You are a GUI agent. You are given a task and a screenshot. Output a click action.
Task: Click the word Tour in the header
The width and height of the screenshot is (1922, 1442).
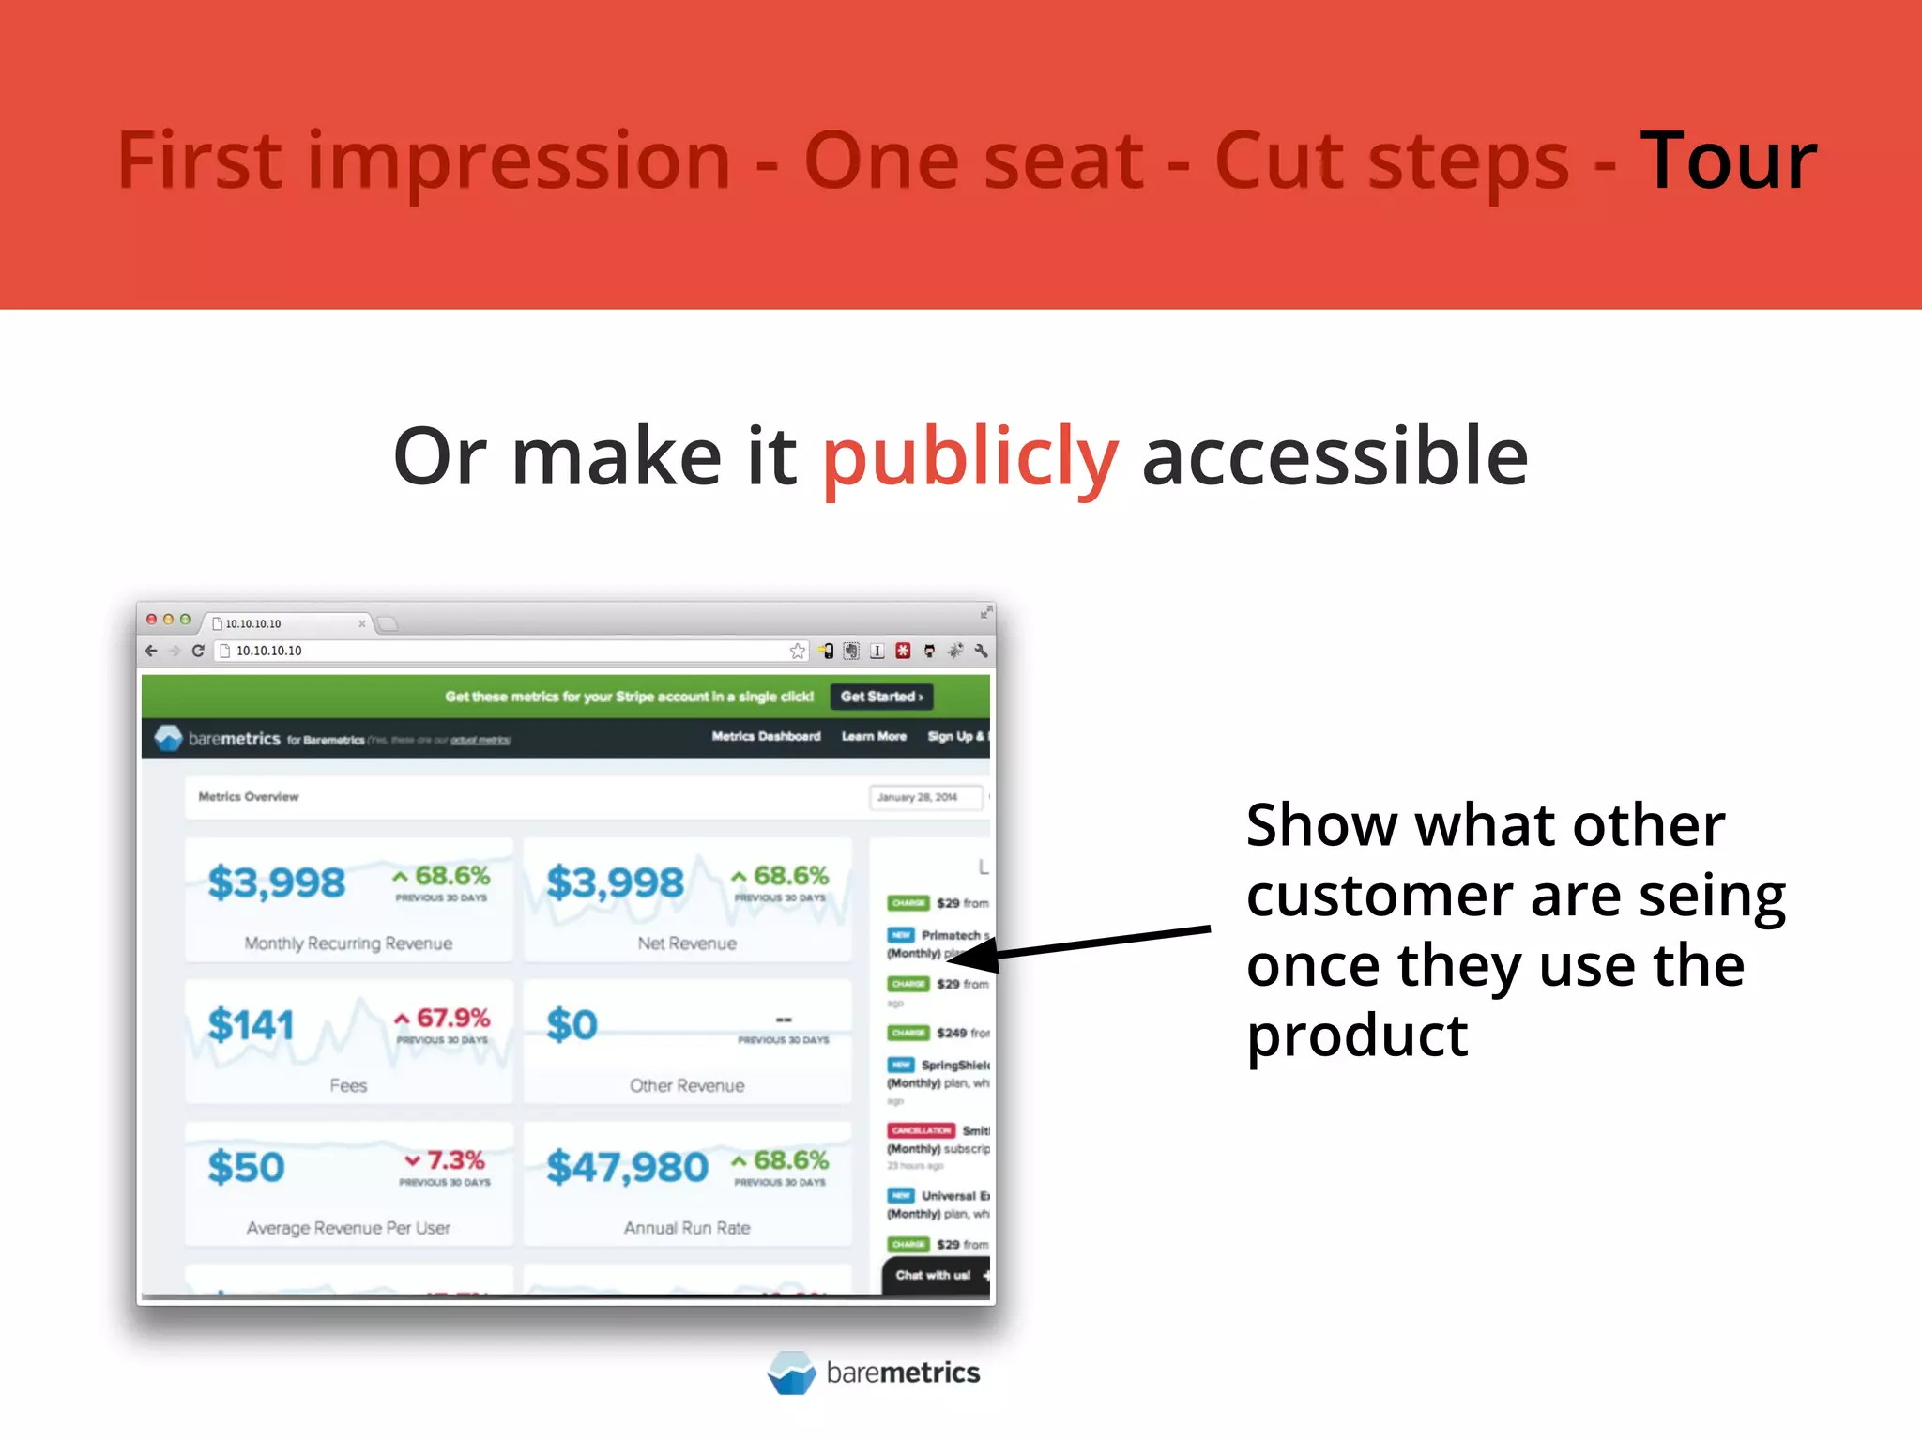tap(1728, 161)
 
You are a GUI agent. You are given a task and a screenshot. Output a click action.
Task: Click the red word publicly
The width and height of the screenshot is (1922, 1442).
tap(970, 457)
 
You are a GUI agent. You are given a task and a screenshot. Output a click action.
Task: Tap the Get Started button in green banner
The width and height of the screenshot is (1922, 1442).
tap(881, 697)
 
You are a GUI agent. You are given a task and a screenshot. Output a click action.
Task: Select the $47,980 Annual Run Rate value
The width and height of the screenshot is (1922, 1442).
tap(627, 1167)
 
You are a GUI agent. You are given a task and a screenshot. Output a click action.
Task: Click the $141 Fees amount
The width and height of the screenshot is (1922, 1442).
tap(251, 1024)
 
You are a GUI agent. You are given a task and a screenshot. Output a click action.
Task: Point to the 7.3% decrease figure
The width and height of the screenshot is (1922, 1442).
tap(446, 1160)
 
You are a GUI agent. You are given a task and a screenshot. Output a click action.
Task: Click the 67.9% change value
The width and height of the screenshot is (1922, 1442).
tap(444, 1018)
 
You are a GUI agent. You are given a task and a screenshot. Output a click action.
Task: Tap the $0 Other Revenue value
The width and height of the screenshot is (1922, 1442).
tap(572, 1024)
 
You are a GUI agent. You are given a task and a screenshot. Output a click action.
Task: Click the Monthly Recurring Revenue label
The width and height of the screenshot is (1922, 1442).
tap(348, 943)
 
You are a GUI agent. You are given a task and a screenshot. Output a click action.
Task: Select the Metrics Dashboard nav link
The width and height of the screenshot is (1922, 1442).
tap(766, 737)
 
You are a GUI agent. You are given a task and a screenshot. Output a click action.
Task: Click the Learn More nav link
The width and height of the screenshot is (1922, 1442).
tap(874, 737)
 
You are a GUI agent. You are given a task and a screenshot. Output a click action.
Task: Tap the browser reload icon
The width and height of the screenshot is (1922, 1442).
tap(198, 651)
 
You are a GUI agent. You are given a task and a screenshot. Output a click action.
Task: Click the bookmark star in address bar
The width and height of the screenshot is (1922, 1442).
tap(797, 651)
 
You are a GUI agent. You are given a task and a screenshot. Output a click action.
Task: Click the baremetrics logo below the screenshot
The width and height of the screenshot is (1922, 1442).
tap(874, 1373)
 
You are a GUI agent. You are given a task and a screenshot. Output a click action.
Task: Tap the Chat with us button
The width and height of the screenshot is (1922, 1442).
tap(934, 1275)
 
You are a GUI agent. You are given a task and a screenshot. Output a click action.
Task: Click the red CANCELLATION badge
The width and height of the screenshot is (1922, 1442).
tap(921, 1130)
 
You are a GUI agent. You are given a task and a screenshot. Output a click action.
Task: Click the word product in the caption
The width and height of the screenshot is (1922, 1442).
tap(1357, 1035)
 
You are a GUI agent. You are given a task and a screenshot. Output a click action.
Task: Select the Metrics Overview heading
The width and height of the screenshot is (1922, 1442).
tap(249, 797)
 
